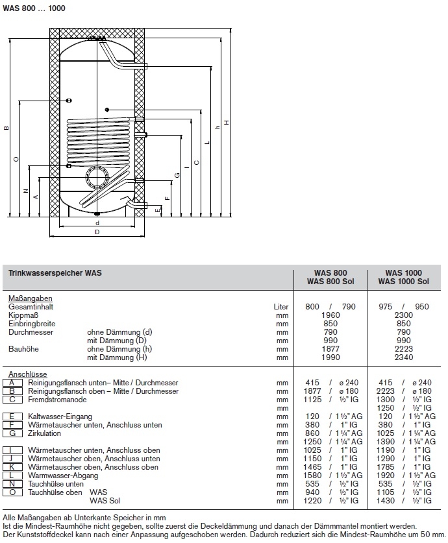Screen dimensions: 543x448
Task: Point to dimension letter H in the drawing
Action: tap(226, 123)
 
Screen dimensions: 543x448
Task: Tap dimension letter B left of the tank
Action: tap(6, 127)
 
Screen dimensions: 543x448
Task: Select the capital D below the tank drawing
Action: tap(97, 232)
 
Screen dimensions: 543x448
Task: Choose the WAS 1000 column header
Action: tap(403, 272)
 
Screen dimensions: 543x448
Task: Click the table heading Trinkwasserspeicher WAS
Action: tap(55, 274)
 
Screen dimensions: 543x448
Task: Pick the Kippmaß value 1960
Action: tap(331, 315)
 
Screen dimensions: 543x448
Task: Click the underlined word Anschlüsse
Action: tap(24, 374)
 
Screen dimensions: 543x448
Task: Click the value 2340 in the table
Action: tap(403, 357)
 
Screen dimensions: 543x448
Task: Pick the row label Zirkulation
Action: tap(45, 433)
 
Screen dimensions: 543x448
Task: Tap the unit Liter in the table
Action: tap(280, 306)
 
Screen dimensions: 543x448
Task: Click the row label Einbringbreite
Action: tap(32, 323)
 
